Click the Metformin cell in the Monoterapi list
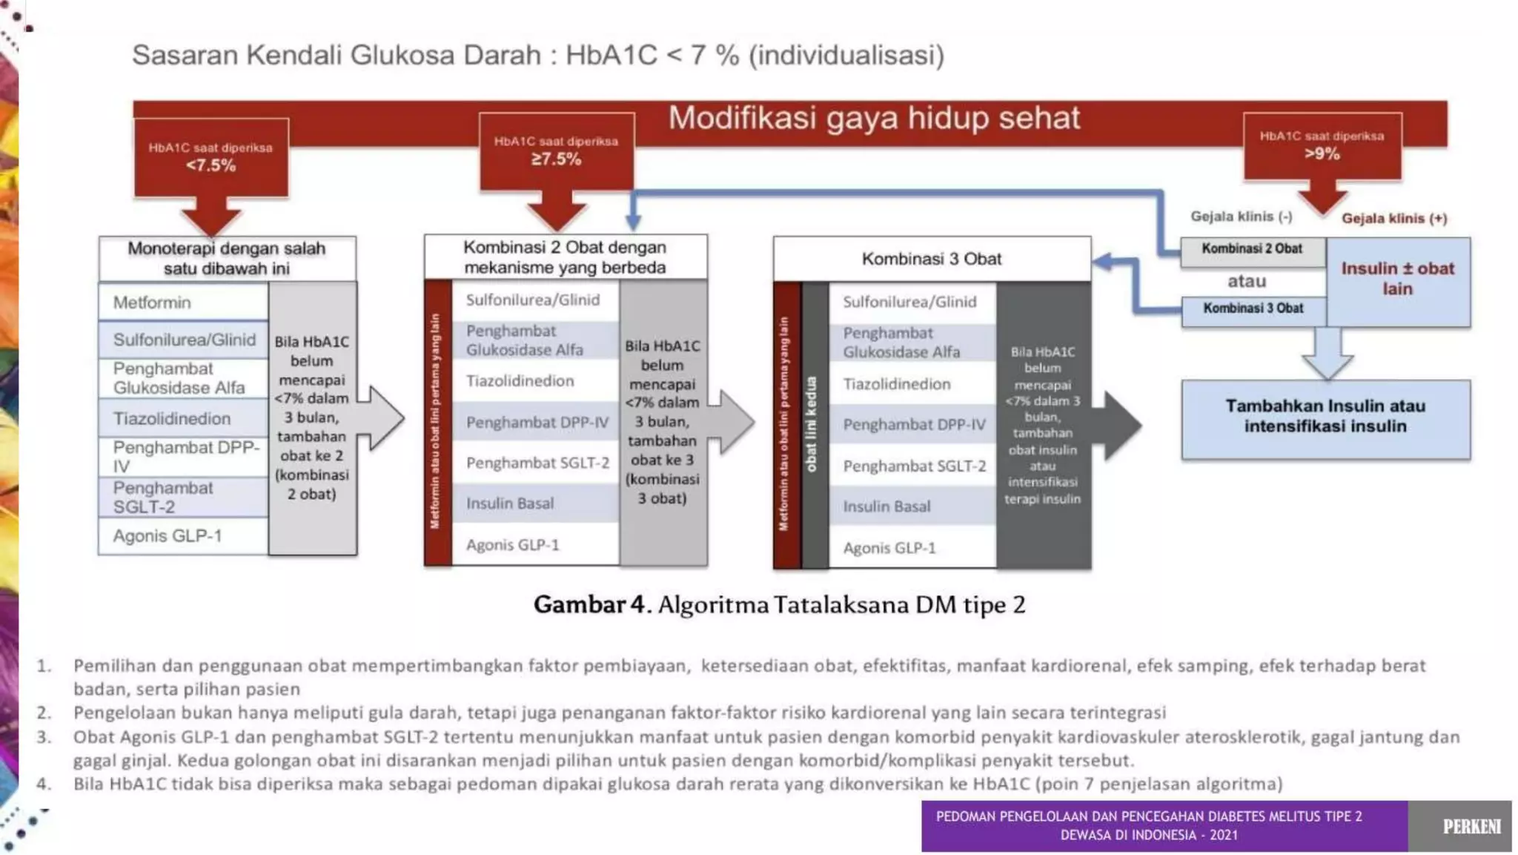pos(182,303)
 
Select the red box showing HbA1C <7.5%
pos(211,157)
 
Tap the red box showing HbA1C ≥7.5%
pos(556,151)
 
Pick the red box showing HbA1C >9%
pos(1322,146)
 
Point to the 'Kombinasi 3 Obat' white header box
pos(931,259)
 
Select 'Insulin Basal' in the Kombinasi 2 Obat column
pos(510,504)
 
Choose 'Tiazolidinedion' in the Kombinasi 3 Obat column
pos(897,384)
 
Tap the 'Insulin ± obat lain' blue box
pos(1398,280)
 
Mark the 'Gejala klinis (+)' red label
pos(1393,218)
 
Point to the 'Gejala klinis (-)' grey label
pos(1242,217)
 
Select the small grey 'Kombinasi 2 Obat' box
pos(1252,250)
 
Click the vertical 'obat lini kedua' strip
pos(813,424)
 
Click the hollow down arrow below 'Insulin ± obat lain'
pos(1327,354)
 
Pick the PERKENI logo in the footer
pos(1471,826)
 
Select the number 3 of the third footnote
pos(44,737)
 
